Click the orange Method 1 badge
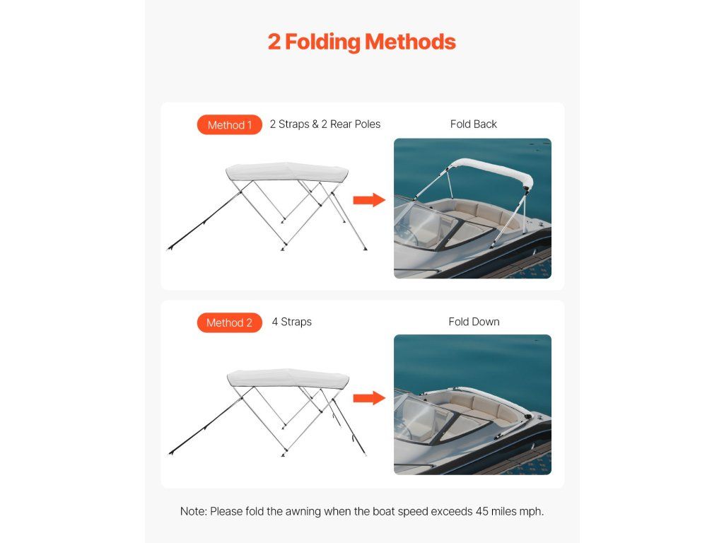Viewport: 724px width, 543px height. (230, 124)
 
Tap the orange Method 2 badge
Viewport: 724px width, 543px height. (230, 322)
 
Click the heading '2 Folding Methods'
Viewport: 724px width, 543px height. (361, 42)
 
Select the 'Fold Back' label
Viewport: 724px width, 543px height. (473, 124)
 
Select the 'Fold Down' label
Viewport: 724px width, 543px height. (474, 322)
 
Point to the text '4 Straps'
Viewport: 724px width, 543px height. (291, 322)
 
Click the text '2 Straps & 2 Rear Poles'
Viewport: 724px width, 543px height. (325, 124)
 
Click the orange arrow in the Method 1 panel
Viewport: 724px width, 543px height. (369, 200)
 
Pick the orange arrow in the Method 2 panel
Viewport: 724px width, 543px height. (369, 398)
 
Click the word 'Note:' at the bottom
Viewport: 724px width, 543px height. (194, 512)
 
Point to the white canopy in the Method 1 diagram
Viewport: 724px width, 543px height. (287, 172)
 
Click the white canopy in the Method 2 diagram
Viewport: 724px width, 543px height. (288, 378)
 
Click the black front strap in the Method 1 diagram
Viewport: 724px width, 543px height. (204, 221)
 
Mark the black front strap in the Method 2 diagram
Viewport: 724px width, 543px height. (206, 426)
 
